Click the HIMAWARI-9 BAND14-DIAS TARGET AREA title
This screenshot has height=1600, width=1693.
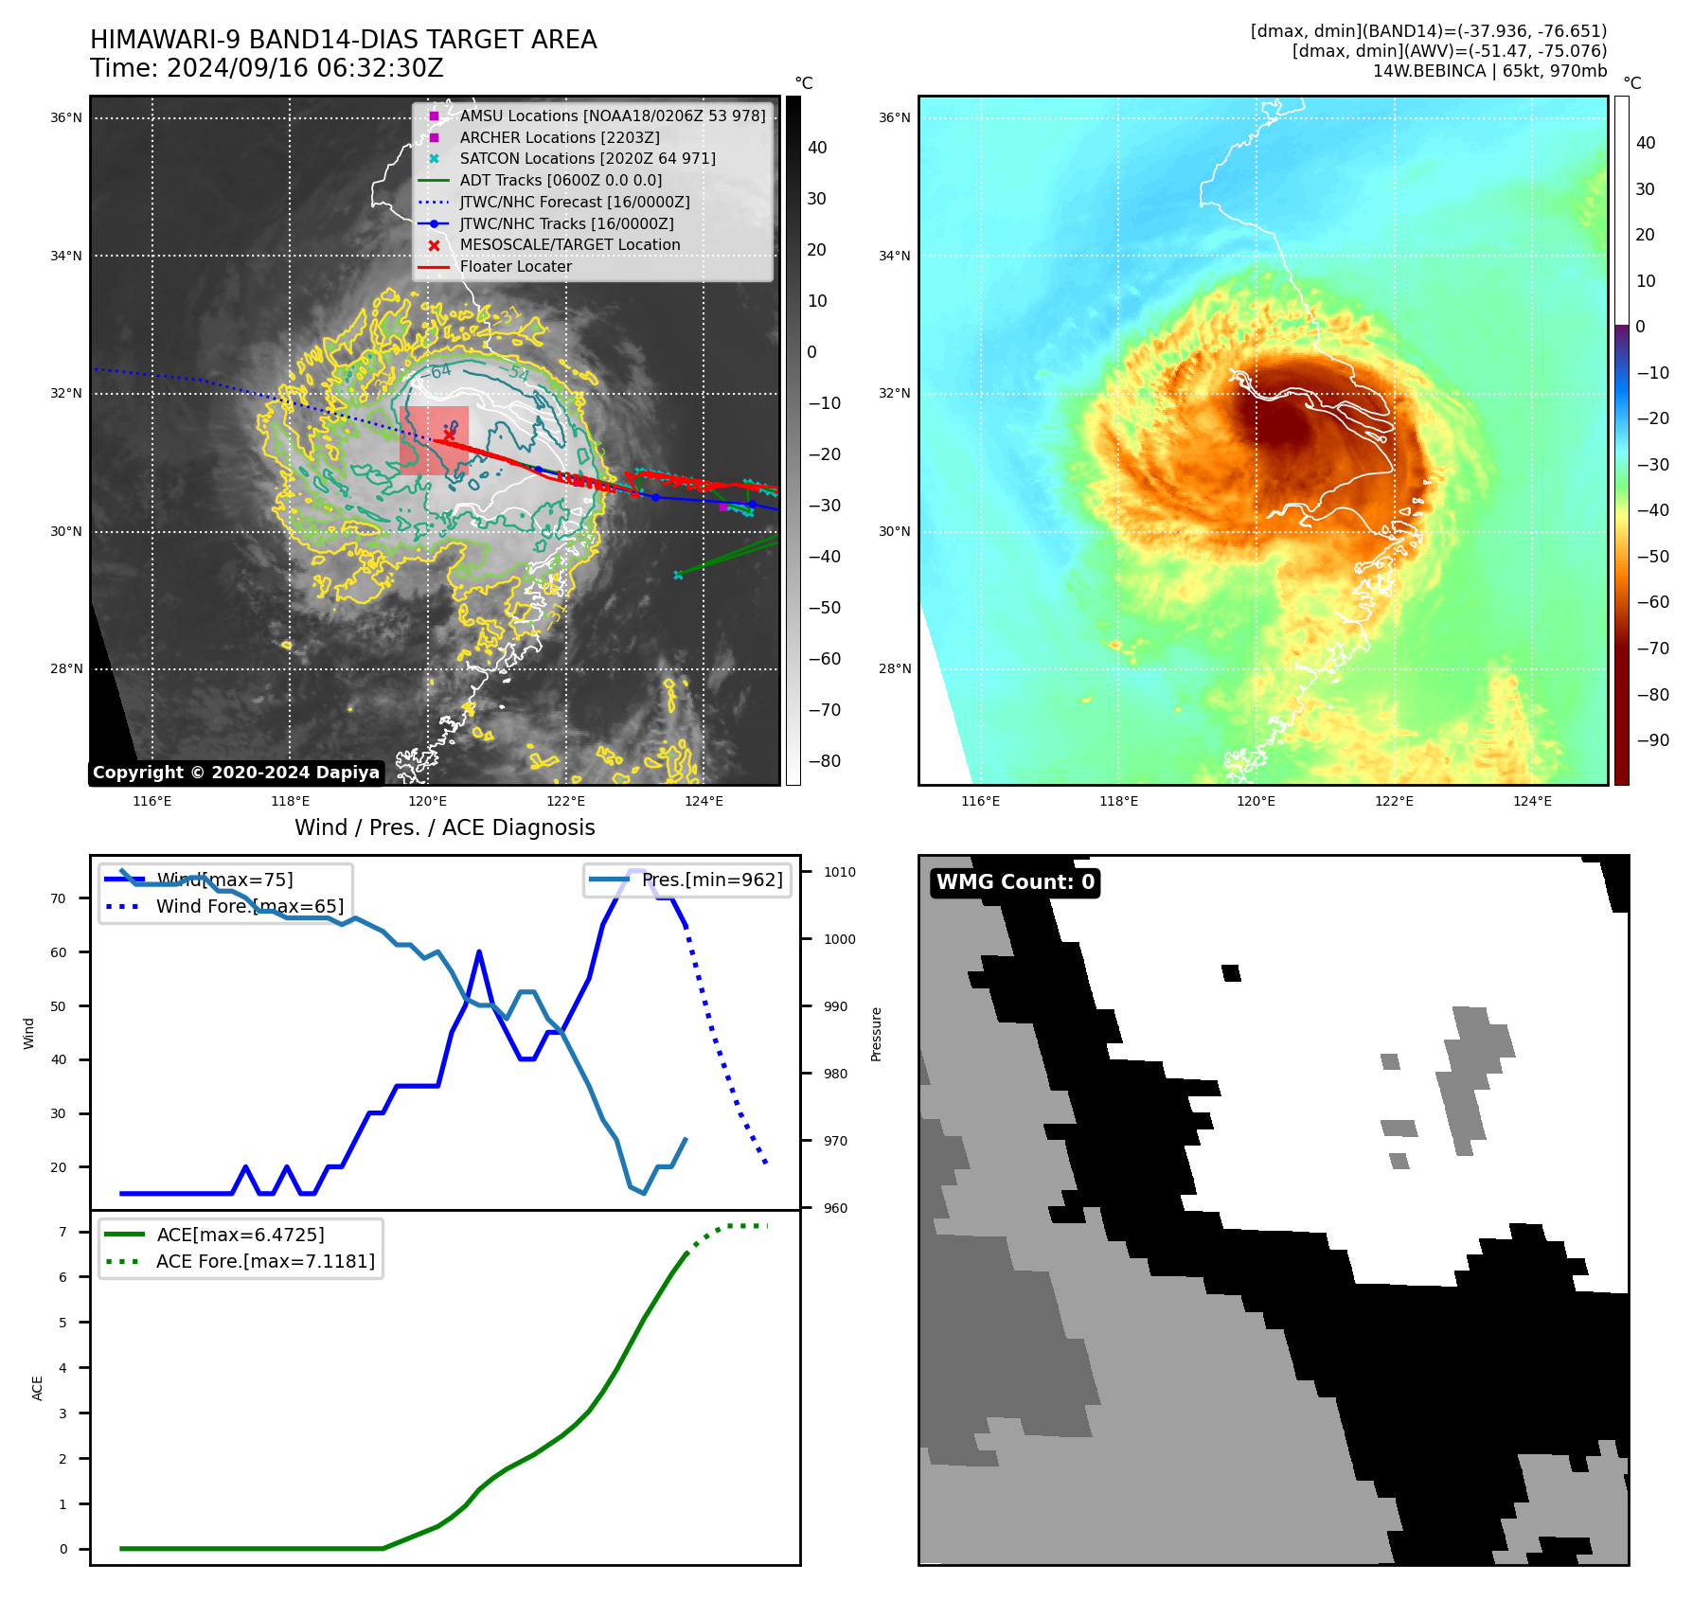(343, 40)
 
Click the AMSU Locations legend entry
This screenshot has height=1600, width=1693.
(612, 116)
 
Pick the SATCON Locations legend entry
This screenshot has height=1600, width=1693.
(587, 159)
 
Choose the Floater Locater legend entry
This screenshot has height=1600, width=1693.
(515, 267)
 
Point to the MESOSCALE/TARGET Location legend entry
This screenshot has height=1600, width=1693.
(569, 245)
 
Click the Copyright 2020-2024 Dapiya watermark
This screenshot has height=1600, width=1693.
(236, 773)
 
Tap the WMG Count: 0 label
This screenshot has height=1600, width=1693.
(1015, 882)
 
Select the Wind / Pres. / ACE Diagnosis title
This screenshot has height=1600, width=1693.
(444, 828)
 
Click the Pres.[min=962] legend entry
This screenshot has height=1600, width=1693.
(711, 880)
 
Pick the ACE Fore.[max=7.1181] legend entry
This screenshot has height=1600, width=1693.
(265, 1262)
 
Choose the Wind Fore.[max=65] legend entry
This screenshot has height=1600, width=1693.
(249, 907)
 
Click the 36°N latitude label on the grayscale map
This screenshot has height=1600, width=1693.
(66, 118)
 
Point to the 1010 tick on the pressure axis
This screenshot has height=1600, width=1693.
(839, 873)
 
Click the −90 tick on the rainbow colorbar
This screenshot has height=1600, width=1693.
(1653, 740)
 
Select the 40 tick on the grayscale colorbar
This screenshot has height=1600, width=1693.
(817, 148)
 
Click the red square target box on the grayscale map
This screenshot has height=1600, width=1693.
(434, 440)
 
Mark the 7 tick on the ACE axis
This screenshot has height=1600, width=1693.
(62, 1232)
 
